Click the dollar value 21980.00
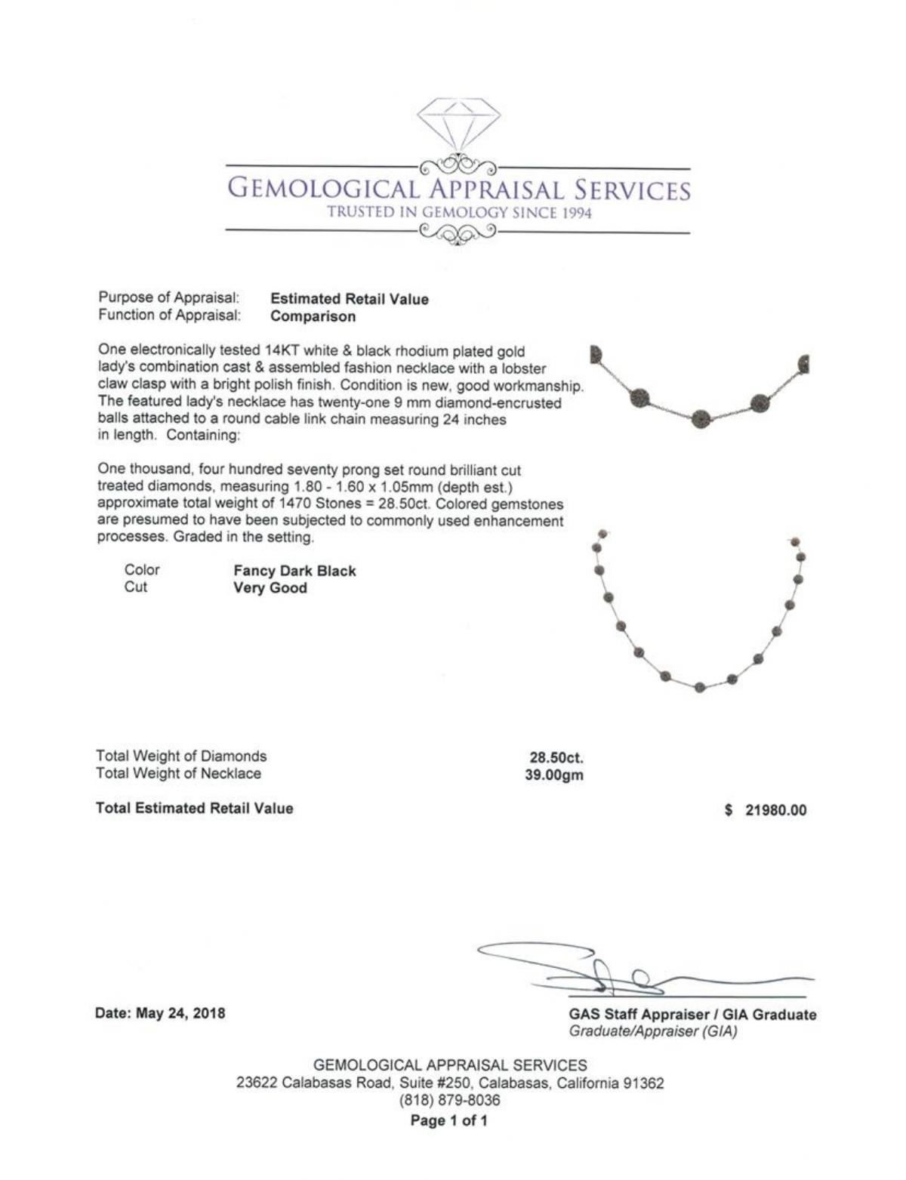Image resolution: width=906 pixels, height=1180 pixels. [x=775, y=810]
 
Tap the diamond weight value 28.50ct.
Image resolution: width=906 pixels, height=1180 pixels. [x=556, y=756]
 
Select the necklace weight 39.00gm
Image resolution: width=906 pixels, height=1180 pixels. [x=554, y=775]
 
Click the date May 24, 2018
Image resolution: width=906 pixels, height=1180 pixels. [x=160, y=1013]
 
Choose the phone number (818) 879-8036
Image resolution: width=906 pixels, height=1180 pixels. [x=449, y=1101]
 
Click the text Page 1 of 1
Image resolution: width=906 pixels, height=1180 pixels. [x=449, y=1120]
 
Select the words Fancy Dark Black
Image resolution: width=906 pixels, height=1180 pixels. [x=294, y=571]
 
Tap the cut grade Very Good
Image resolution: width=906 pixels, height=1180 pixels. [x=270, y=588]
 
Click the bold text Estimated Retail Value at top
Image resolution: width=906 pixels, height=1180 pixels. [x=349, y=299]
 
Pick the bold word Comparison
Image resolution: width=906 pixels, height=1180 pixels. [x=313, y=316]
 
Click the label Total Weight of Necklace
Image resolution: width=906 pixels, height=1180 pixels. [x=178, y=773]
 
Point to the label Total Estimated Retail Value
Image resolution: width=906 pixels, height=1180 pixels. [x=194, y=808]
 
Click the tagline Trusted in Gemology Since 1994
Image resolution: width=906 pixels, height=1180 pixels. [x=458, y=212]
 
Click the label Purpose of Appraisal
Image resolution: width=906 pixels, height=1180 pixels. [x=169, y=297]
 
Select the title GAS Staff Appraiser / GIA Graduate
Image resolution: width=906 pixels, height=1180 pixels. [x=692, y=1015]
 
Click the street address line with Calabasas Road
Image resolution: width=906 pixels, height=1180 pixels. [x=451, y=1083]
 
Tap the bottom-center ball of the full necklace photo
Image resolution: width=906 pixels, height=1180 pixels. [x=699, y=687]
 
